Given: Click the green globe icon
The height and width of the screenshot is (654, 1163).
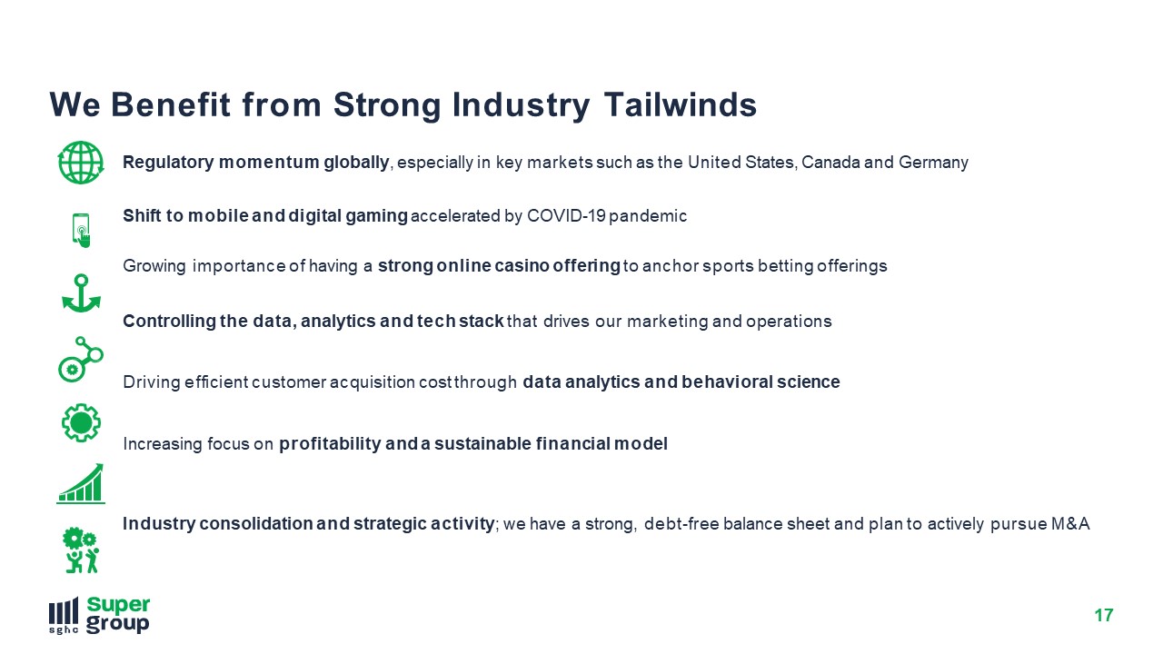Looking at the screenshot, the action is coord(81,163).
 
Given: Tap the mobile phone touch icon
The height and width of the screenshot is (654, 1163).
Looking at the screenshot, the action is coord(81,230).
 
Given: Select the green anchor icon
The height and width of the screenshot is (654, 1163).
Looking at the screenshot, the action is coord(81,293).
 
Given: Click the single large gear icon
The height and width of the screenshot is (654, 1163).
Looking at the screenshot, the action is coord(81,423).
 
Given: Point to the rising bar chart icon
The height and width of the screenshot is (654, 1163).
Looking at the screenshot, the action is coord(81,484).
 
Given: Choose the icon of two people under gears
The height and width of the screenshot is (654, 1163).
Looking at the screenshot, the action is coord(81,550).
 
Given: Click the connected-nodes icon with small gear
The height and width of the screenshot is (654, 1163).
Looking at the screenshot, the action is coord(81,359).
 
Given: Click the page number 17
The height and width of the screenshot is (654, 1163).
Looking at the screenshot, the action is coord(1104,616).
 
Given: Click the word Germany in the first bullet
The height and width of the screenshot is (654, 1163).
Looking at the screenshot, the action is coord(933,163).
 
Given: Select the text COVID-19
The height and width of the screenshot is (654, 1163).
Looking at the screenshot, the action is coord(566,216).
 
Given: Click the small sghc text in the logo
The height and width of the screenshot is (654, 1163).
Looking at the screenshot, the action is coord(64,629).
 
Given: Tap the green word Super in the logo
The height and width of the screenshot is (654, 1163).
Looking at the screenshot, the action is coord(118,605).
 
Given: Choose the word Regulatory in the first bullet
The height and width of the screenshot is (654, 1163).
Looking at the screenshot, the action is coord(168,163).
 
